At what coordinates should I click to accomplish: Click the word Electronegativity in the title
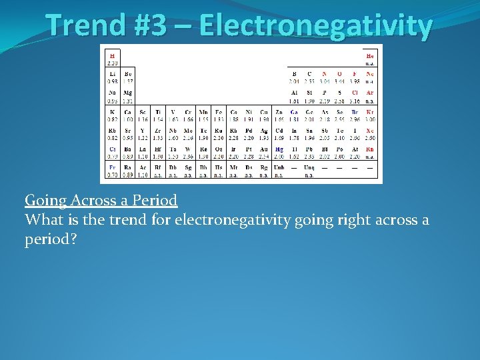315,26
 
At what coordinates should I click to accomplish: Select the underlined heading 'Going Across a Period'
101,200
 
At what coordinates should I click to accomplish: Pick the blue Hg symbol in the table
279,149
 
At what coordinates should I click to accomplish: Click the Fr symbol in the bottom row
112,168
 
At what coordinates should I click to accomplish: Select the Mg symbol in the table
128,92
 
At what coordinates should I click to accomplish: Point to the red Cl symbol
355,92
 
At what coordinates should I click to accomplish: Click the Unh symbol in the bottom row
279,168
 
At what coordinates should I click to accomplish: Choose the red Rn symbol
370,149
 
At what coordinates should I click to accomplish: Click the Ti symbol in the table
158,111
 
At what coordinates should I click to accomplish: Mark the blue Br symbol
355,111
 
